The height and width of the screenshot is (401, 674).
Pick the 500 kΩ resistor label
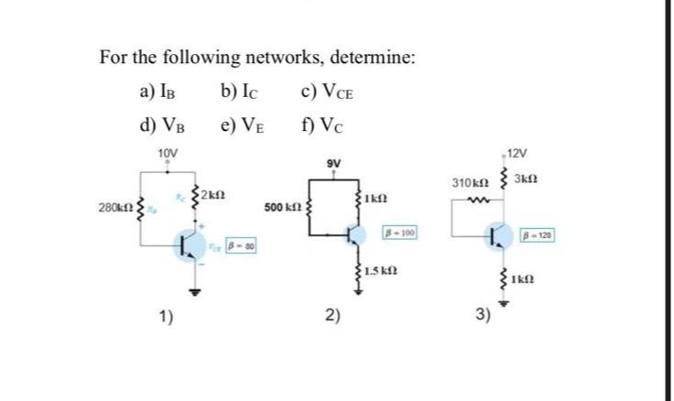pos(283,209)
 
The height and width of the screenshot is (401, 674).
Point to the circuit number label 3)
pos(484,316)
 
